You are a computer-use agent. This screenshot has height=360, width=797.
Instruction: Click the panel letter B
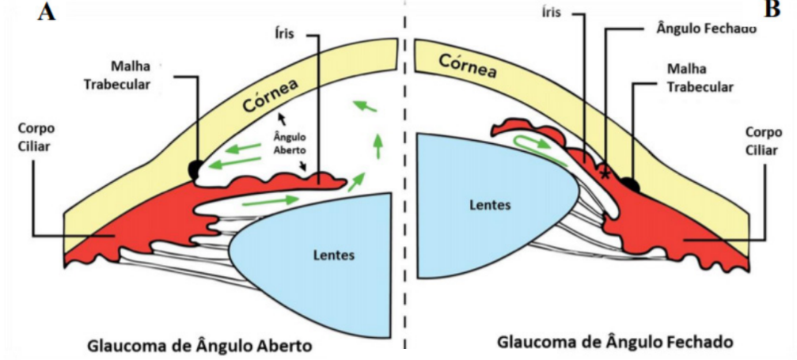click(x=772, y=10)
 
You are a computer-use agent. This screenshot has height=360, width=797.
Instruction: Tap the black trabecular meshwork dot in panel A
click(x=194, y=169)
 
